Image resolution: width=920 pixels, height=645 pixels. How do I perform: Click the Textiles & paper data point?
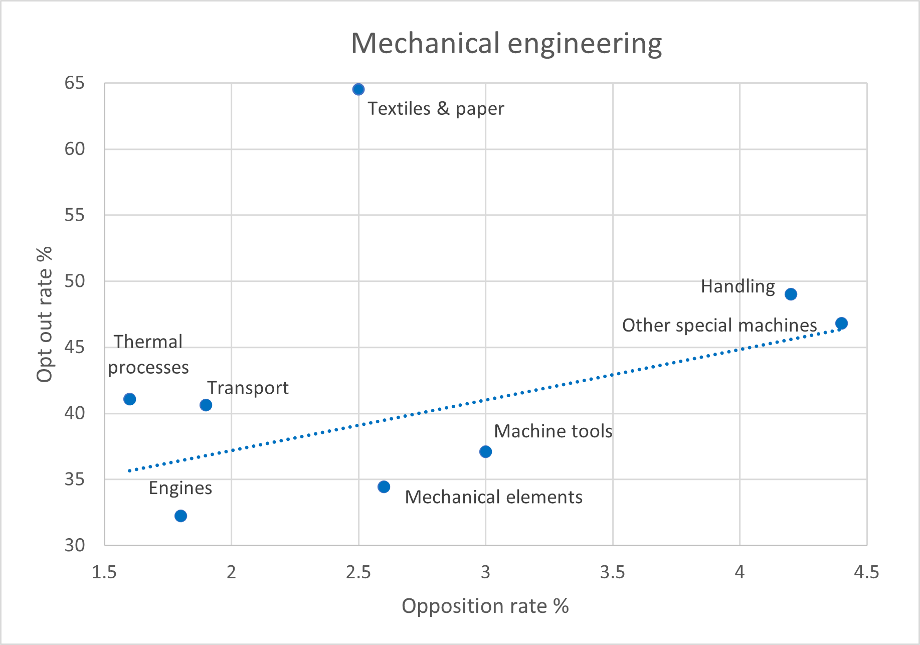358,89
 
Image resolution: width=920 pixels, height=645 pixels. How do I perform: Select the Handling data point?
791,294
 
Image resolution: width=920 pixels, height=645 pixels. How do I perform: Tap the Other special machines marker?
841,324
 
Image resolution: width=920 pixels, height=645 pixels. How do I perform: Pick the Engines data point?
180,516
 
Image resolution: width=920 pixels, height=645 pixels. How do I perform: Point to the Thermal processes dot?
129,399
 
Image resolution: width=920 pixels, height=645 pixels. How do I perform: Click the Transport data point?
206,405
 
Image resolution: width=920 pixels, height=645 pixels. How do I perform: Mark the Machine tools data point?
485,452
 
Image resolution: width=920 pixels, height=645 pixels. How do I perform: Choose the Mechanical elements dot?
384,487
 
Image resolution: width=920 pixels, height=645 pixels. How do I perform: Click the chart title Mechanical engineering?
506,44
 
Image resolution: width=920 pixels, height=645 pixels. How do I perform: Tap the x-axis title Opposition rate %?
485,606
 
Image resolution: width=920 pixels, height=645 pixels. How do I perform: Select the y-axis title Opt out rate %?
45,314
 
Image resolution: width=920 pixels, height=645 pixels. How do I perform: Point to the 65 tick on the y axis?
75,83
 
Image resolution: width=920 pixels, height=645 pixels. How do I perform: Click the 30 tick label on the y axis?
75,545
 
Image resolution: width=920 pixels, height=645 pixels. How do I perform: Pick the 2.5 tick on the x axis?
358,572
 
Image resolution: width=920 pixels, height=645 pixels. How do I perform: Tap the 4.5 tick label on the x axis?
866,572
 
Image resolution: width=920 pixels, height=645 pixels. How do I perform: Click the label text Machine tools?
553,431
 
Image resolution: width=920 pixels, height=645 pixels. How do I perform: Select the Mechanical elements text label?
493,497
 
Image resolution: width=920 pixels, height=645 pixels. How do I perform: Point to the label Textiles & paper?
436,109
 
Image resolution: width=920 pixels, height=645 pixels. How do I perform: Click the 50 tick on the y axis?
75,281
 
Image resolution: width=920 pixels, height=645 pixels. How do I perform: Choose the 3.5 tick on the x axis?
612,572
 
